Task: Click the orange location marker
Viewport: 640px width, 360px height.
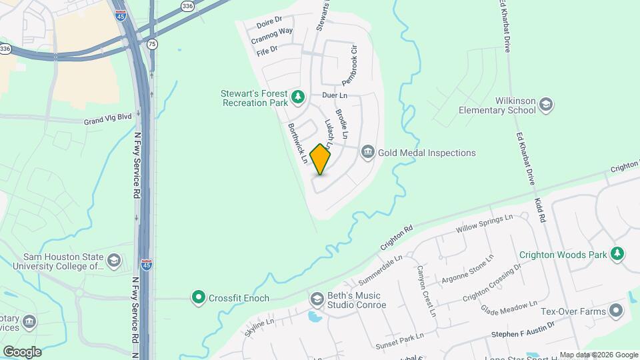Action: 321,159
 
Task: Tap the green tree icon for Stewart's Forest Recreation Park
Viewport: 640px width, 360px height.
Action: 299,98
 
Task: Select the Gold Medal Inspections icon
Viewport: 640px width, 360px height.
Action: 367,153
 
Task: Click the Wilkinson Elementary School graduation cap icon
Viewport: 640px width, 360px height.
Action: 546,105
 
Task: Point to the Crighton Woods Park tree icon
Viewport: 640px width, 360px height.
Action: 618,254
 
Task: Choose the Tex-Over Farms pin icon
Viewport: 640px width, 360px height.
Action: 615,311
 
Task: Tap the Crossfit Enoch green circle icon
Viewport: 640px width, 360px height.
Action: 198,297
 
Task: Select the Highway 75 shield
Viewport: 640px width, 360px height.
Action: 153,43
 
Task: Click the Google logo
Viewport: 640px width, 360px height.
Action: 23,351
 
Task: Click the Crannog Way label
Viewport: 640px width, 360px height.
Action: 272,35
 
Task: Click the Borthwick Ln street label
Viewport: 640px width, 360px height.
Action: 297,143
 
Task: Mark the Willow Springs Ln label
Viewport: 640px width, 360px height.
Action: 484,223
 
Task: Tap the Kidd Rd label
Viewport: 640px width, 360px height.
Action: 541,209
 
